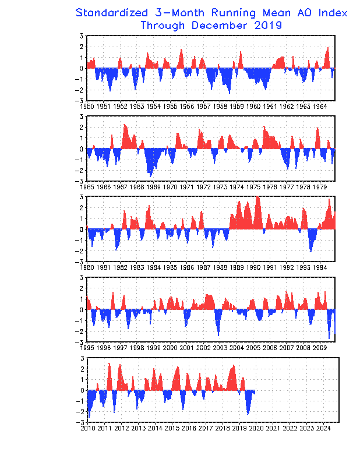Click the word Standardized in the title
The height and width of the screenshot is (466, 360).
click(111, 13)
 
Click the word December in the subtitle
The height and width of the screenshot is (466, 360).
click(219, 26)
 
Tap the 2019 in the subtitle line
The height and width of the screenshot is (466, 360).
click(268, 26)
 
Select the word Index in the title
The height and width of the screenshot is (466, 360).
click(333, 13)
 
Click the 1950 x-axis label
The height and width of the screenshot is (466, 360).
click(87, 107)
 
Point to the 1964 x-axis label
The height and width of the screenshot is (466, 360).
click(320, 107)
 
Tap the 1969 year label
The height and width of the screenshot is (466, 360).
click(153, 187)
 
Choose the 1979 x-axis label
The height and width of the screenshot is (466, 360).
click(320, 187)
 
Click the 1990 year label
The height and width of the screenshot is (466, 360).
click(253, 267)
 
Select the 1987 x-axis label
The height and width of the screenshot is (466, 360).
click(203, 267)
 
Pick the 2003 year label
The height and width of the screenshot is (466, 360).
click(220, 348)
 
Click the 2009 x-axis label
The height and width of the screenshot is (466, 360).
click(320, 348)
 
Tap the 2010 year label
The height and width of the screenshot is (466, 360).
click(88, 428)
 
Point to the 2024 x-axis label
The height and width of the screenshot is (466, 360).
click(323, 428)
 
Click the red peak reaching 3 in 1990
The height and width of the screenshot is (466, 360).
click(257, 197)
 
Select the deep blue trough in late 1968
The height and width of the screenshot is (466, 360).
click(150, 176)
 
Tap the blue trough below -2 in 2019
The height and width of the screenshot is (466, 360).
click(248, 414)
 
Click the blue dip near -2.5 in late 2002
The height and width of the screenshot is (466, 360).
click(218, 336)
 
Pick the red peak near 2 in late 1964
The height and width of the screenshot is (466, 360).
click(328, 48)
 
